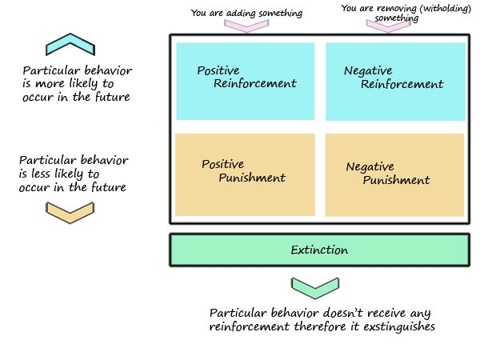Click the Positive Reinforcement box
(245, 80)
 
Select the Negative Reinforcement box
(394, 81)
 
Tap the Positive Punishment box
(244, 174)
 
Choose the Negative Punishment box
(394, 174)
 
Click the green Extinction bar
(318, 250)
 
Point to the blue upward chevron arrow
(70, 44)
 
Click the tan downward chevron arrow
(70, 212)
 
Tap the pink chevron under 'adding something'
(246, 25)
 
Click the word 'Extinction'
(318, 250)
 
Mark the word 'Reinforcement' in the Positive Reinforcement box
(255, 83)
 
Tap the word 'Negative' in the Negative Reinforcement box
(368, 71)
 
